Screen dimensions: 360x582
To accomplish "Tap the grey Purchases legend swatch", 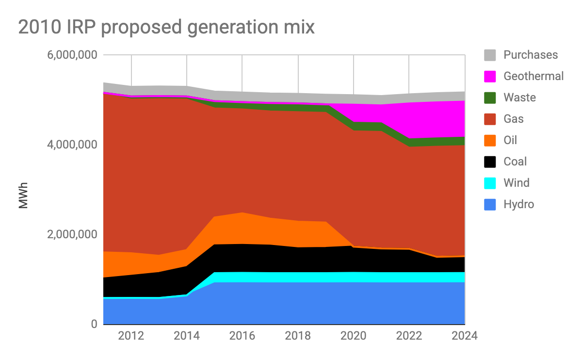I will click(x=490, y=55).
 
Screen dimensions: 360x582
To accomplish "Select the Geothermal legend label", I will click(x=533, y=76).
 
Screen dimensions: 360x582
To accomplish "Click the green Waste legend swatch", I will click(x=490, y=98).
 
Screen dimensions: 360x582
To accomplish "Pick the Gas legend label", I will click(x=514, y=119).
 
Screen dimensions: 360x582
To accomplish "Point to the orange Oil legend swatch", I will click(x=490, y=140).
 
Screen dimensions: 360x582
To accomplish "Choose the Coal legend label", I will click(x=515, y=162).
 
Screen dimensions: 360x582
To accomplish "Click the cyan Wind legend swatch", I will click(x=490, y=183).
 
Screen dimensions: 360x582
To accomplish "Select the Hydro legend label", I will click(x=518, y=204).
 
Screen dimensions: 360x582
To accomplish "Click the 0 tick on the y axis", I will click(x=94, y=324).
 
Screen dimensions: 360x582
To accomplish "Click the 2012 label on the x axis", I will click(x=131, y=336).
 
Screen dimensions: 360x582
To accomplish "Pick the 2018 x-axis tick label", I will click(x=298, y=336).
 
